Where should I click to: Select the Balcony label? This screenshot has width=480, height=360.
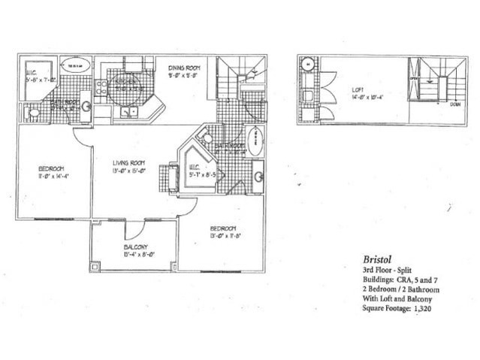[x=135, y=247]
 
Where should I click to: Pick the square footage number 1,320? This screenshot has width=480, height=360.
[x=424, y=309]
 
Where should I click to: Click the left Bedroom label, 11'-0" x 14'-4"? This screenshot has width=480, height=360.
[x=52, y=167]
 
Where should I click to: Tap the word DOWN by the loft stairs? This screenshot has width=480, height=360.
[x=455, y=104]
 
